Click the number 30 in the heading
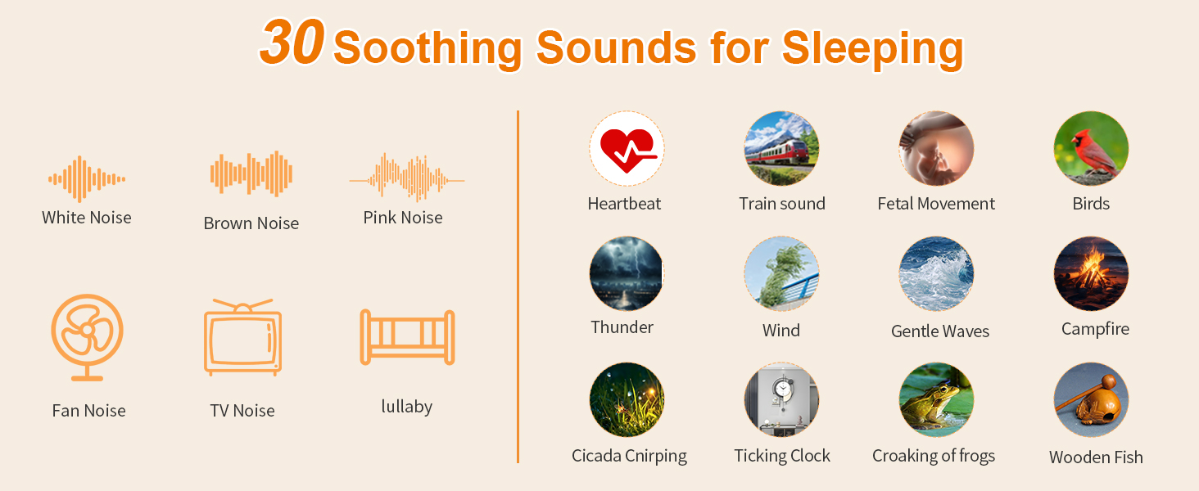point(292,42)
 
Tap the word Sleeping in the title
point(872,48)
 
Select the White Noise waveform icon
point(87,179)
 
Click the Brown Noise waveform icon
point(251,173)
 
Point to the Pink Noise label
point(403,218)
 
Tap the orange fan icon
point(88,337)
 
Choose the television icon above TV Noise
point(242,337)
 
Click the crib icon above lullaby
point(407,337)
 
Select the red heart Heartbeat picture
point(627,149)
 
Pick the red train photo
point(781,149)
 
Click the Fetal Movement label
point(936,204)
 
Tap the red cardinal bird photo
point(1091,149)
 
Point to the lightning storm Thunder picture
point(627,274)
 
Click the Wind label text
point(781,330)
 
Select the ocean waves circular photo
point(936,274)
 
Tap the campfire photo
point(1091,274)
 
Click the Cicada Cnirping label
point(629,456)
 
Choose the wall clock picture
point(781,399)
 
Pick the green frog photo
point(936,399)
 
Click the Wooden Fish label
point(1096,457)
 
